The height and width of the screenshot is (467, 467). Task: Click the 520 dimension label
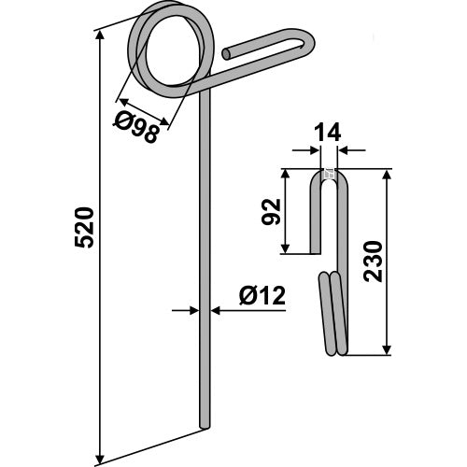point(84,228)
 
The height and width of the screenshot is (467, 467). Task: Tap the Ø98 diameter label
point(136,128)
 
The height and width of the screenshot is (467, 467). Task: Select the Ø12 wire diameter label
point(262,296)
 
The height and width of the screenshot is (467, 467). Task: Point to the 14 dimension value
point(328,133)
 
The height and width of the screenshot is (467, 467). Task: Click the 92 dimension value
point(271,211)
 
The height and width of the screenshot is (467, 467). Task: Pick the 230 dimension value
point(373,262)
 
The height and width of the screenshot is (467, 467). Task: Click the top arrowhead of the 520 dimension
point(100,35)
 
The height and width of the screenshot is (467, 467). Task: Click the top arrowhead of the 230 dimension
point(387,175)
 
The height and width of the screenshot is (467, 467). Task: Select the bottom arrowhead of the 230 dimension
point(387,349)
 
